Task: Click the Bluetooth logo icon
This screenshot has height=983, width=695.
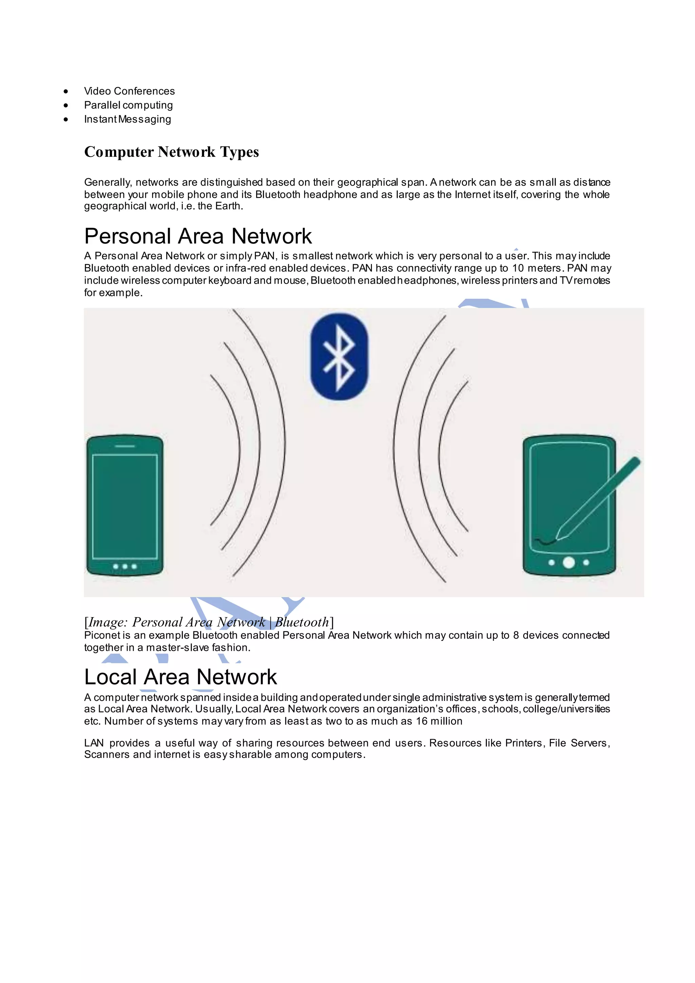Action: [339, 357]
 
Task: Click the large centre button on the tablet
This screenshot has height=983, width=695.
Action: [569, 562]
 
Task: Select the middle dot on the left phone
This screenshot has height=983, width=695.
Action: [125, 567]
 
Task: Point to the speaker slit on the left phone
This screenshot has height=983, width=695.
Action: [125, 446]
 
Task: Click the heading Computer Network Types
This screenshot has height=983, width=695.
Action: [171, 152]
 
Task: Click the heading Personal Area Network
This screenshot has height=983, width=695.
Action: [198, 236]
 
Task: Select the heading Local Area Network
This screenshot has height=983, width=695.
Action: [180, 677]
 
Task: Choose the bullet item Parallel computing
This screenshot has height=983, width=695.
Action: [128, 105]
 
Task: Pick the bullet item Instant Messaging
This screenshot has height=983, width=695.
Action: [128, 119]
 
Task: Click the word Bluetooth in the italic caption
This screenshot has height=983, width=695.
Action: [302, 622]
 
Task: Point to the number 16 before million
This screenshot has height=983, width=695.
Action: [421, 721]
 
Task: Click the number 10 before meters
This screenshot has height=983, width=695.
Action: [518, 268]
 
